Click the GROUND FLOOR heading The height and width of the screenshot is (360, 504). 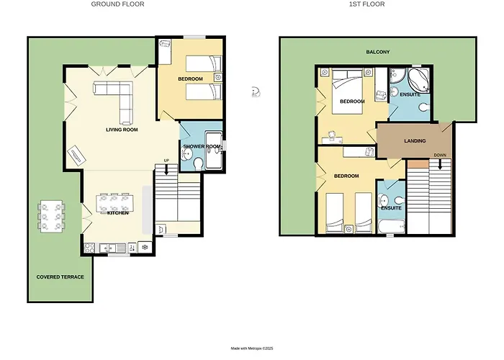coord(117,4)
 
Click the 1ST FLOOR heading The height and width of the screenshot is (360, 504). coord(366,4)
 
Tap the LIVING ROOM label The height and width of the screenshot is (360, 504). coord(122,130)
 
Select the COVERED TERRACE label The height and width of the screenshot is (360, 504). coord(60,277)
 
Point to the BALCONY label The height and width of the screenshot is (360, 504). coord(378,52)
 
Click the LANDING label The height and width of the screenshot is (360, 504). coord(415,141)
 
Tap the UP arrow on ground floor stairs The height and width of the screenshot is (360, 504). coord(166,169)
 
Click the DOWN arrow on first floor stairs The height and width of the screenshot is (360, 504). coord(440,164)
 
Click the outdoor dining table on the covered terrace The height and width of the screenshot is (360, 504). coord(51,216)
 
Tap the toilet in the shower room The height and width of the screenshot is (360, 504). coord(199,164)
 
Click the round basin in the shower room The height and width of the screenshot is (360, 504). coord(186,156)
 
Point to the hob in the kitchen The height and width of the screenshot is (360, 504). coord(90,248)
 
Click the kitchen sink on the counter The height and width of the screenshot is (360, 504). coord(112,248)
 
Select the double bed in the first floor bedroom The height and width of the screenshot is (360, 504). coord(348,91)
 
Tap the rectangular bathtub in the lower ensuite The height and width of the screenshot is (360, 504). coord(391,227)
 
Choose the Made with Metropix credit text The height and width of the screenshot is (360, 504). coord(252,348)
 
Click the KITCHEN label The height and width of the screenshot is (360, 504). coord(118,213)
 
